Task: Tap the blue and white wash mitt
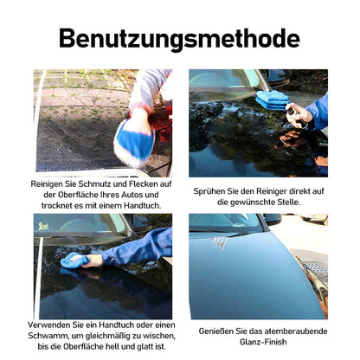click(135, 143)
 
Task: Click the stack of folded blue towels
click(272, 100)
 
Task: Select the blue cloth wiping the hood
click(74, 260)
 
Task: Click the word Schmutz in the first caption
click(95, 184)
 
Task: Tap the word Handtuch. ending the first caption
click(143, 206)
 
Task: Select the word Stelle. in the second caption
click(288, 202)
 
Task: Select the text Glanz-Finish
click(263, 342)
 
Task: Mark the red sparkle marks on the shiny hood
click(219, 241)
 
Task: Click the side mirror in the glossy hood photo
click(272, 219)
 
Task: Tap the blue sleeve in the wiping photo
click(138, 247)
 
